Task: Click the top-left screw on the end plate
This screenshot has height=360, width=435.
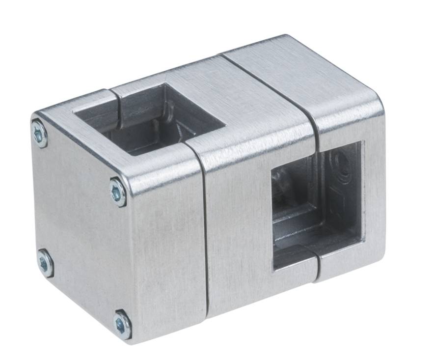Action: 39,133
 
